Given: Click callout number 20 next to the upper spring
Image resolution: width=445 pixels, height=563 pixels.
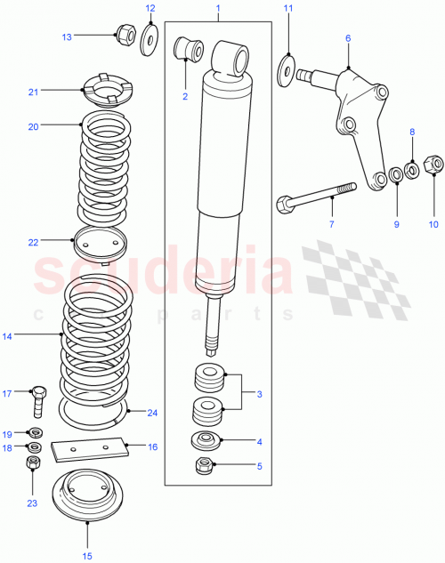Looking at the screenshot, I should (x=33, y=126).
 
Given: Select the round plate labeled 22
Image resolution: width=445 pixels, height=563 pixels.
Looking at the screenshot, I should (x=99, y=241).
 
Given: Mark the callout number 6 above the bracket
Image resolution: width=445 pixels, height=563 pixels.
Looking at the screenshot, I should (x=348, y=38).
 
